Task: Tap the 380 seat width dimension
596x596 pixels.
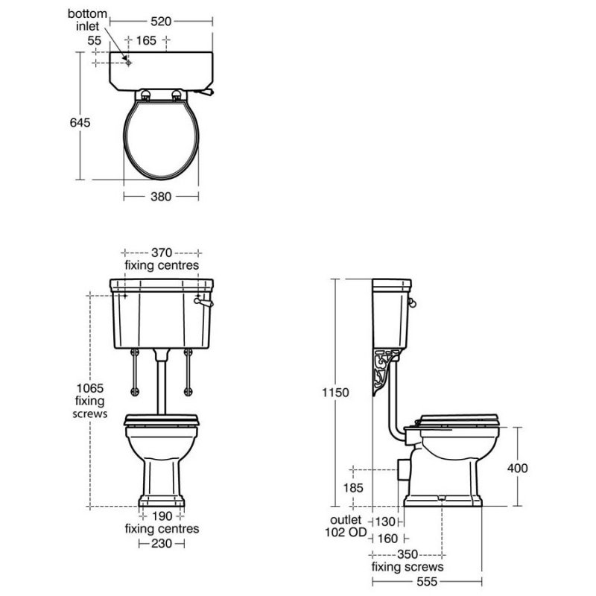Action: coord(162,197)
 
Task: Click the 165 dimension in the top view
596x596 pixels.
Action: coord(147,40)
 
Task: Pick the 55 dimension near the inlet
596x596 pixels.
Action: coord(95,40)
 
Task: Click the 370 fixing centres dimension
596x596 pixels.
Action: coord(162,253)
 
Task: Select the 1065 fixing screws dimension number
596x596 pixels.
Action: coord(89,387)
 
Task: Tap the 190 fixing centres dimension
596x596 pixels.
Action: coord(162,516)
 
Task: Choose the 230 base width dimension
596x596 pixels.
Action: coord(162,544)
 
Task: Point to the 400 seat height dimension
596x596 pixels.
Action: coord(517,468)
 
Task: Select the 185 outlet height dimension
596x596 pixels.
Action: coord(354,488)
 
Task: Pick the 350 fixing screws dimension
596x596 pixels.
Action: coord(408,554)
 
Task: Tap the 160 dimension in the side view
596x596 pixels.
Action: coord(387,538)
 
